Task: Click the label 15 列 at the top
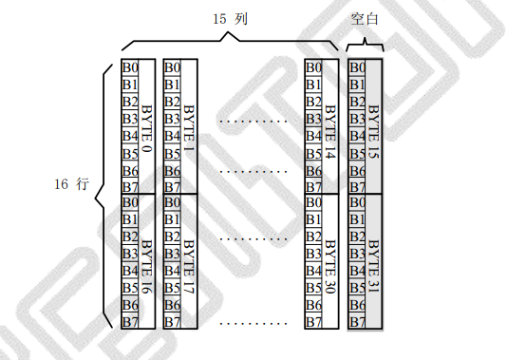230,19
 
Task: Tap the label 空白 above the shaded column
365,19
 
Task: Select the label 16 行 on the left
71,184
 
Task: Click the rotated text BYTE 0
147,128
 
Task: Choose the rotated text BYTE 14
330,132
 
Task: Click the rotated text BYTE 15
373,132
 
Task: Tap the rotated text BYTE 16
147,267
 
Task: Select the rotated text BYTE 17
189,267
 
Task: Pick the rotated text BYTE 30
330,267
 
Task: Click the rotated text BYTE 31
373,267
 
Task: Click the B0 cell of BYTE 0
130,68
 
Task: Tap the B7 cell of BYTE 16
130,321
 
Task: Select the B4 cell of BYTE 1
172,136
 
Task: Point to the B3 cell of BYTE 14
313,119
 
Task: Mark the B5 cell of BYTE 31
357,288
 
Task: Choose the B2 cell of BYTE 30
313,237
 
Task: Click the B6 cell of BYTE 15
357,170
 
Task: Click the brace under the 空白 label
365,45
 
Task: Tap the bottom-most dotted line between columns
253,323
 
